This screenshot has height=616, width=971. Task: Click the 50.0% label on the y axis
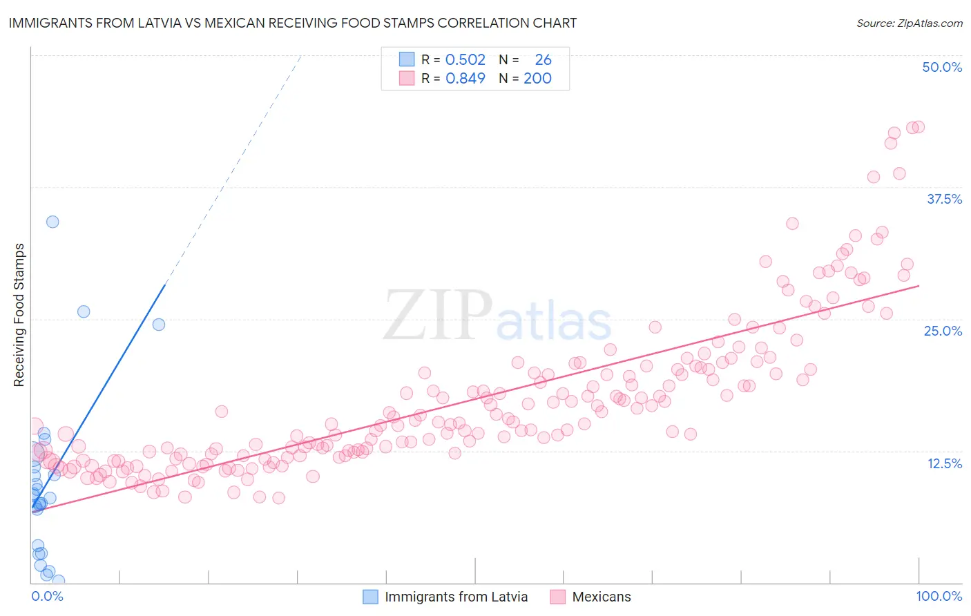[x=942, y=67]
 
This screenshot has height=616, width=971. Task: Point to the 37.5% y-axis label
[x=944, y=199]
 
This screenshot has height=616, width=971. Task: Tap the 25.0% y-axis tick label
[x=943, y=331]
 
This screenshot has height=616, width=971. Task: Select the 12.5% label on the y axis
[x=944, y=463]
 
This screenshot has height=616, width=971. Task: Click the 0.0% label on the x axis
[x=47, y=596]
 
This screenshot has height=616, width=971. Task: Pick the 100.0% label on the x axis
[x=939, y=596]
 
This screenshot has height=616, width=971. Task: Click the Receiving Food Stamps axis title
[x=19, y=315]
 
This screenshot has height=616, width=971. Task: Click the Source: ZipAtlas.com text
[x=909, y=23]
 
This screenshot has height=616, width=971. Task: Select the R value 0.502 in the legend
[x=465, y=60]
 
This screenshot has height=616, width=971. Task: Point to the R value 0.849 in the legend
[x=465, y=79]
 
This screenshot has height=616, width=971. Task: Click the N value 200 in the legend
[x=537, y=79]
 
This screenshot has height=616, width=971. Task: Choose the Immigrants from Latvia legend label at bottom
[x=456, y=597]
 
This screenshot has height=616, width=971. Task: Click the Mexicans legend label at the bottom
[x=601, y=597]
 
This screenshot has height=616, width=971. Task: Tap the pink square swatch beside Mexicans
[x=558, y=597]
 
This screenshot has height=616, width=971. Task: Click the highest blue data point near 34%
[x=52, y=222]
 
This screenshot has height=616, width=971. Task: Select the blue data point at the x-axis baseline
[x=59, y=581]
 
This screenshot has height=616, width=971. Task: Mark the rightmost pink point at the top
[x=919, y=126]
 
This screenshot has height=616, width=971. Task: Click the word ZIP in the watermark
[x=437, y=315]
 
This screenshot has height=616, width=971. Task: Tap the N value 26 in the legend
[x=543, y=60]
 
